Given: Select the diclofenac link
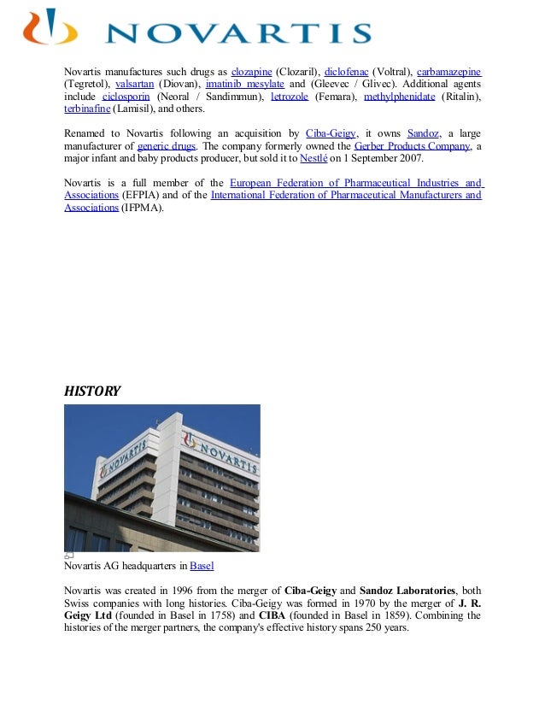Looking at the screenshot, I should tap(346, 72).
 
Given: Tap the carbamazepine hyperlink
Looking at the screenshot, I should tap(448, 72).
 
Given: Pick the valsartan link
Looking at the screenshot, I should tap(134, 85).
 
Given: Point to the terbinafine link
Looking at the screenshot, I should tap(87, 110).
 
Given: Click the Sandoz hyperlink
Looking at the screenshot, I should tap(423, 134).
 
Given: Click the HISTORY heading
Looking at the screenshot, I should tap(92, 391).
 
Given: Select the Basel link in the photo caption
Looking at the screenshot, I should tap(202, 566).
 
